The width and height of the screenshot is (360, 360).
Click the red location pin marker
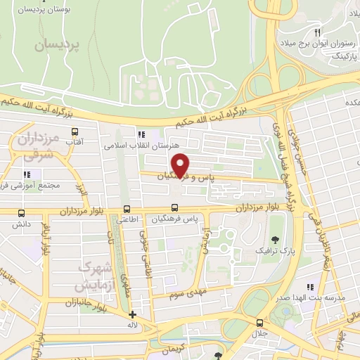click(181, 165)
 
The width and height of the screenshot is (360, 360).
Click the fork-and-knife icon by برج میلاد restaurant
click(318, 33)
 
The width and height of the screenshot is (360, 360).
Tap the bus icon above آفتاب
click(74, 131)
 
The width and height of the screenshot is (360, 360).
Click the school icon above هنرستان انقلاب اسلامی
click(141, 134)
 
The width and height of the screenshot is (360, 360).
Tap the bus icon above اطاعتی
click(127, 209)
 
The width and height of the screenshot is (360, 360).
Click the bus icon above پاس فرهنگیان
click(175, 209)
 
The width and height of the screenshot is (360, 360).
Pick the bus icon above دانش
click(21, 214)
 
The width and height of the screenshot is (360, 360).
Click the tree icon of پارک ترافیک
click(274, 240)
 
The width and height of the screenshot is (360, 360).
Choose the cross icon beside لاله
click(132, 315)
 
